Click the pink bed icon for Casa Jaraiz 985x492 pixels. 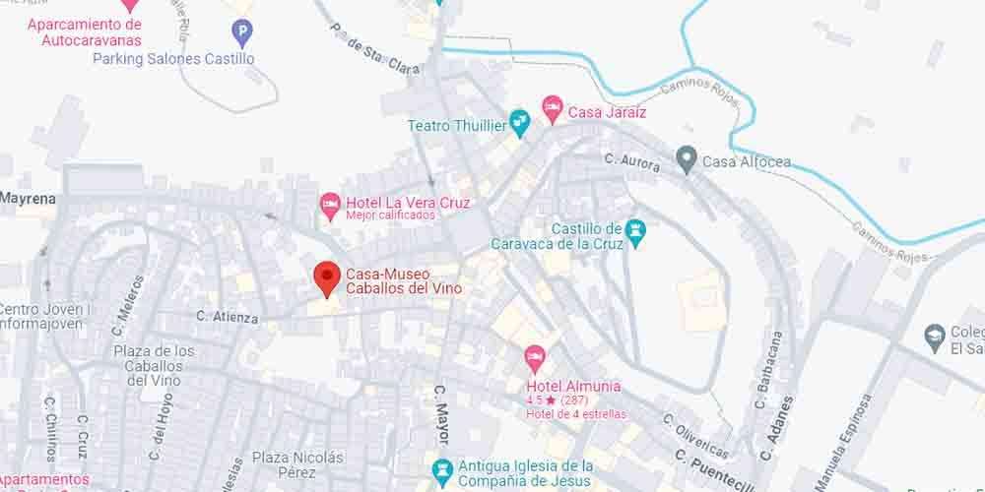tap(553, 105)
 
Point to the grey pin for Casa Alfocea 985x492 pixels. tap(687, 158)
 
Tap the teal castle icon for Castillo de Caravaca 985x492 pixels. tap(635, 231)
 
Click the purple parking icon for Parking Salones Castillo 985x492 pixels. tap(241, 35)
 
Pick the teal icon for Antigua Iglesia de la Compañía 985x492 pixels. tap(441, 468)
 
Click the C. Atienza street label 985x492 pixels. tap(227, 318)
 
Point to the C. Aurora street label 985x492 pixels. tap(631, 163)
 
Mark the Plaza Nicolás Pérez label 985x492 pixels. tap(297, 465)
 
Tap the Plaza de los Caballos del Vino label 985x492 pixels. tap(154, 365)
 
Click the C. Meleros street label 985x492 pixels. tap(130, 300)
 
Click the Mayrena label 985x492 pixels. tap(28, 198)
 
